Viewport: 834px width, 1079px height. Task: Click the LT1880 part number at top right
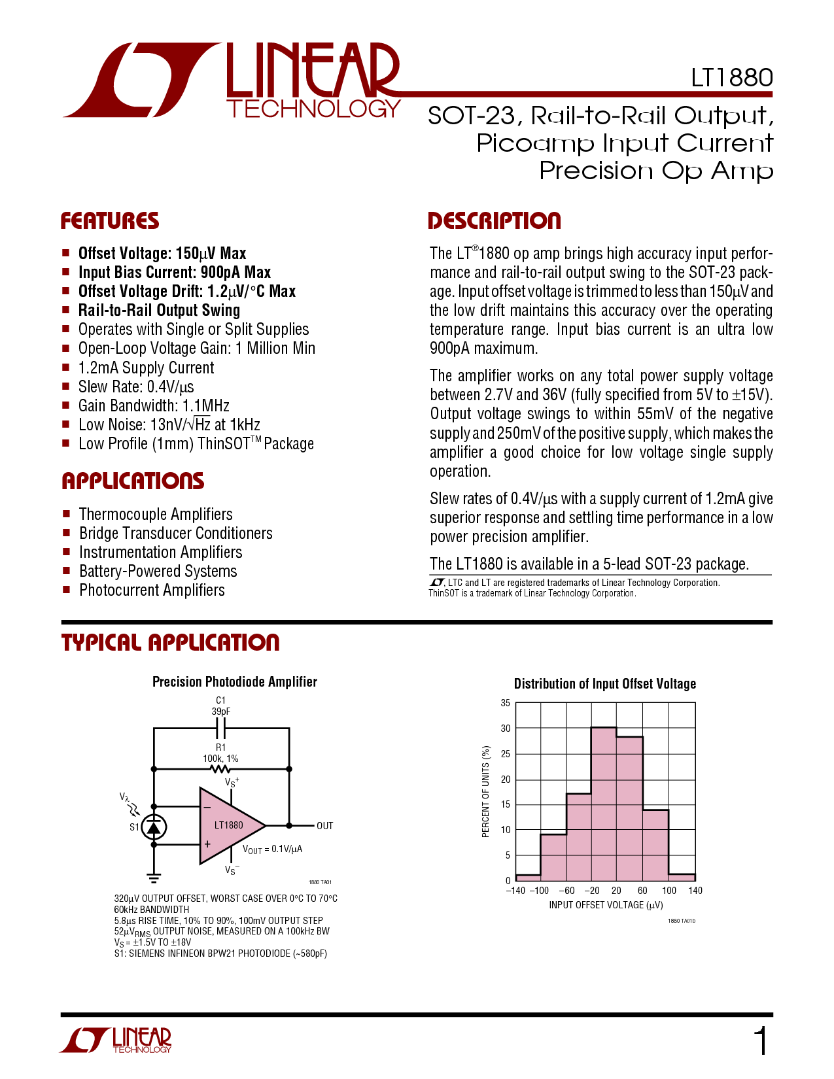click(x=732, y=78)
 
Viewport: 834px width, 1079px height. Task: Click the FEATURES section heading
click(x=110, y=221)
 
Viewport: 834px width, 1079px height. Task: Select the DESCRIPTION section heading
click(x=494, y=221)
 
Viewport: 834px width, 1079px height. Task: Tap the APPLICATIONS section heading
click(x=133, y=481)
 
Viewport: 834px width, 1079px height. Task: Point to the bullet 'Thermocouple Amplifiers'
click(x=156, y=514)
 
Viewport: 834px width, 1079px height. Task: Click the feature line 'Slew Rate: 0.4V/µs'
click(x=136, y=386)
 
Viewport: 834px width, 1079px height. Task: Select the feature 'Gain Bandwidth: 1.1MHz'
click(x=154, y=405)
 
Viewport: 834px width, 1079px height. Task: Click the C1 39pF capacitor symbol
click(x=221, y=727)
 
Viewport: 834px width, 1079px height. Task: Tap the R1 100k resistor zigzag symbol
click(x=220, y=769)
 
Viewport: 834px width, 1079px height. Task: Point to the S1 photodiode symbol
click(x=154, y=827)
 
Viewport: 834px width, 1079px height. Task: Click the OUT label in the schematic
click(x=325, y=826)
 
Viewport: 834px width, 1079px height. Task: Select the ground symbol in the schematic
click(x=154, y=878)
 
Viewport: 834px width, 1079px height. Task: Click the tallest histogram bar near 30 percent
click(x=603, y=804)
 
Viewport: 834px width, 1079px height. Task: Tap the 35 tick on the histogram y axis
click(x=506, y=703)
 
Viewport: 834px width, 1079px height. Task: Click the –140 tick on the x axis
click(x=516, y=891)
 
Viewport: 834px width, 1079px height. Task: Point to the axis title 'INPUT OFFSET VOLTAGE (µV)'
click(x=606, y=905)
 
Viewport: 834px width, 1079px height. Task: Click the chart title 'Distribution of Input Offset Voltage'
click(x=605, y=684)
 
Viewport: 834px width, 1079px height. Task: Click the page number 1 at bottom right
click(x=761, y=1041)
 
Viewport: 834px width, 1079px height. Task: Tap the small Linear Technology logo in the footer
click(x=116, y=1040)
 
